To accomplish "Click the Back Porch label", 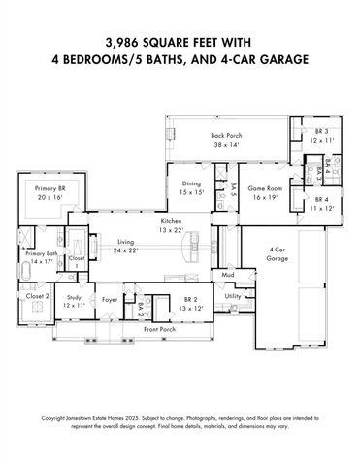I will click(x=226, y=135).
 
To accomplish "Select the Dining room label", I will click(x=190, y=183).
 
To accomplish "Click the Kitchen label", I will click(x=171, y=222).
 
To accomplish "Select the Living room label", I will click(x=125, y=241).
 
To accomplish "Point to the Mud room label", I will click(x=227, y=276).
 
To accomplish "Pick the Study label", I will click(x=74, y=298).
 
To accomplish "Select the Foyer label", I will click(x=110, y=299).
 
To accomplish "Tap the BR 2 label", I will click(x=190, y=299).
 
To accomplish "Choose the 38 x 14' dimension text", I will click(x=226, y=144).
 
